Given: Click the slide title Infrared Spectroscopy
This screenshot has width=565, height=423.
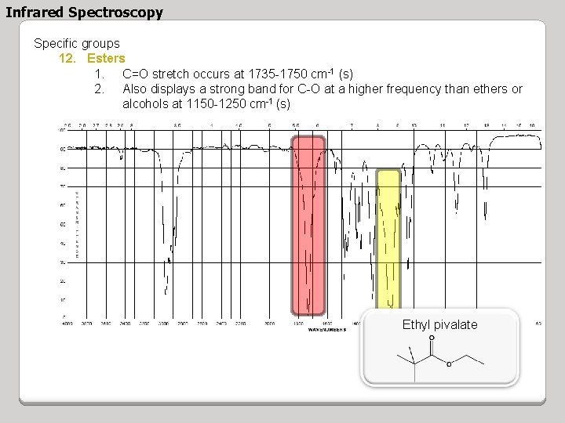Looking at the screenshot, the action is pyautogui.click(x=85, y=13).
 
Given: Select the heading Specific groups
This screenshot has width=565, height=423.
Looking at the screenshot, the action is pyautogui.click(x=77, y=44).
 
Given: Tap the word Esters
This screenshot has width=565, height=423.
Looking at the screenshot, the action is pyautogui.click(x=106, y=59).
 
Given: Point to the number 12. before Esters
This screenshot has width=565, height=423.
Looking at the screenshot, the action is pyautogui.click(x=68, y=59).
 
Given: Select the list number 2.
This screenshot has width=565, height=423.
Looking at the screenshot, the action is pyautogui.click(x=99, y=89).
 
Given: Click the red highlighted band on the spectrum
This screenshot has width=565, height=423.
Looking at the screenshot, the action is pyautogui.click(x=308, y=223).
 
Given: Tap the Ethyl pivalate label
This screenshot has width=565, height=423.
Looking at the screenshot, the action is pyautogui.click(x=439, y=325).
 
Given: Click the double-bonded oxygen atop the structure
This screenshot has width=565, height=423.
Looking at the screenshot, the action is pyautogui.click(x=432, y=338).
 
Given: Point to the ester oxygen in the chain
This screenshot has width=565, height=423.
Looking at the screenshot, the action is pyautogui.click(x=449, y=363).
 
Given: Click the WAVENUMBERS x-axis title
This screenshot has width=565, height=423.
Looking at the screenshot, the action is pyautogui.click(x=327, y=330).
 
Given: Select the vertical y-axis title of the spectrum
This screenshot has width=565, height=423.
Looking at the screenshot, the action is pyautogui.click(x=76, y=223).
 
